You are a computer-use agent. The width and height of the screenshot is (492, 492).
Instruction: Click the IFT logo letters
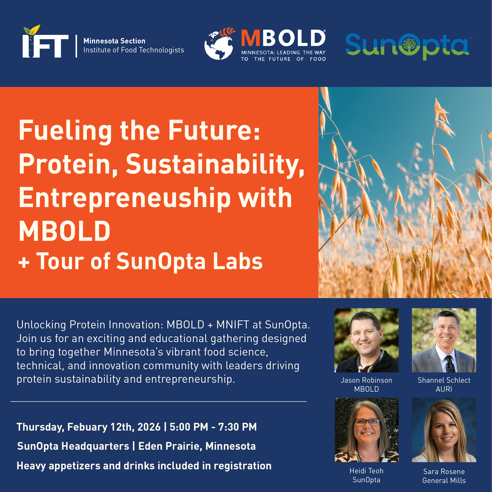coord(45,45)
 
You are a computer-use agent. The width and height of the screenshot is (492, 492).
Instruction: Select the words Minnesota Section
coord(114,41)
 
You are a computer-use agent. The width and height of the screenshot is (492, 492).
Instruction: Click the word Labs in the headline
coord(238,262)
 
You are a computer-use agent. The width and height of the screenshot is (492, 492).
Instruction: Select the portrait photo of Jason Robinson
coord(366,340)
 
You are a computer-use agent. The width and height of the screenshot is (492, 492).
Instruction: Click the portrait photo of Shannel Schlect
coord(444,340)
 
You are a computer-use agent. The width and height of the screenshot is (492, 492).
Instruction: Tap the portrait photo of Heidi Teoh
coord(366,430)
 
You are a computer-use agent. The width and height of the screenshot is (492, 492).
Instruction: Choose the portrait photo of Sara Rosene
coord(444,430)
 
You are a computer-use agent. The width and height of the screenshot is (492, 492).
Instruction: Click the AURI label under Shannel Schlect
coord(444,389)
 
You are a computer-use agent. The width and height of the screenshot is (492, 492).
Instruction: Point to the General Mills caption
coord(444,480)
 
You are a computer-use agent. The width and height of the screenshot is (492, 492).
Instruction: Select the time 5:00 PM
coord(189,427)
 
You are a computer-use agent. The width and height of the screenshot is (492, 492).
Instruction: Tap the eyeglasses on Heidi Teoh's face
coord(367,423)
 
